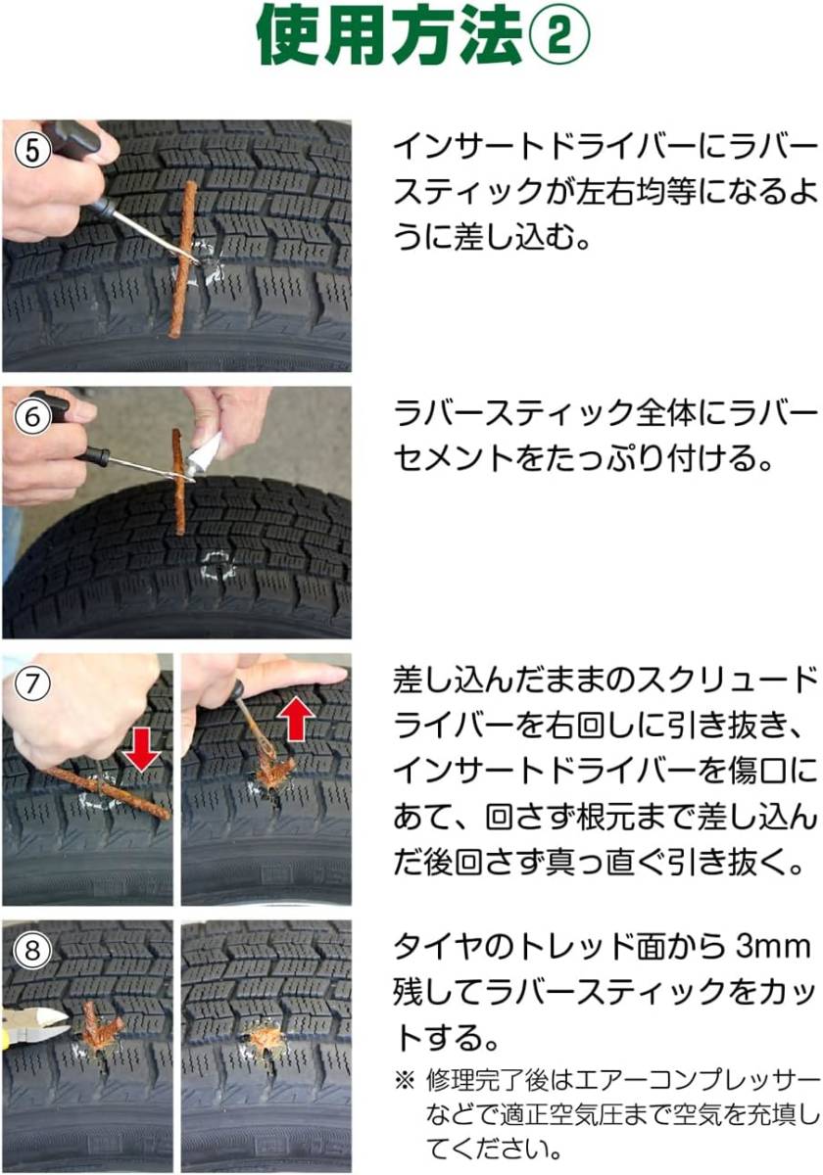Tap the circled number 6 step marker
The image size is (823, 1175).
coord(29,415)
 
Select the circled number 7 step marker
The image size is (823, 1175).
coord(29,682)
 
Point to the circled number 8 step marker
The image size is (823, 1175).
coord(29,949)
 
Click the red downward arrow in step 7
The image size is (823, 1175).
coord(142,747)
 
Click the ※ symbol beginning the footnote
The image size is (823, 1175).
coord(405,1082)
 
